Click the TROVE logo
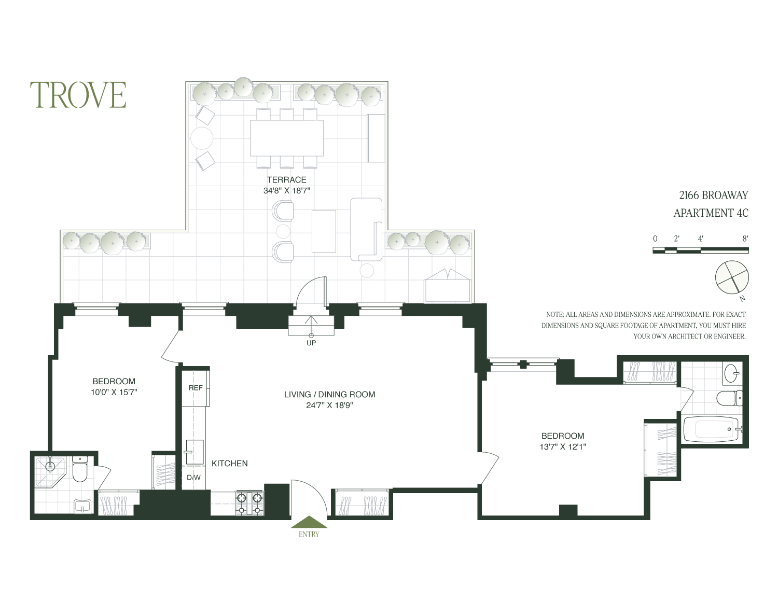pyautogui.click(x=78, y=95)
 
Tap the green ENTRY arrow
pyautogui.click(x=309, y=522)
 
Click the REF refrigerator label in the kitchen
pyautogui.click(x=196, y=387)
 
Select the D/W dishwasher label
pyautogui.click(x=193, y=477)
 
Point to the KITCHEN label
pyautogui.click(x=229, y=463)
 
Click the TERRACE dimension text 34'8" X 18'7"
pyautogui.click(x=286, y=191)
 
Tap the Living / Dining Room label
pyautogui.click(x=329, y=394)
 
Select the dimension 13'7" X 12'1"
pyautogui.click(x=563, y=446)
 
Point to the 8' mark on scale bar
pyautogui.click(x=745, y=239)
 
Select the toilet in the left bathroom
pyautogui.click(x=80, y=470)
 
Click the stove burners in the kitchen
pyautogui.click(x=250, y=504)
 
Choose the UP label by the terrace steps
pyautogui.click(x=311, y=343)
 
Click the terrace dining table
pyautogui.click(x=286, y=138)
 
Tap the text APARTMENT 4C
pyautogui.click(x=711, y=213)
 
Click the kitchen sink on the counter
pyautogui.click(x=194, y=451)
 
